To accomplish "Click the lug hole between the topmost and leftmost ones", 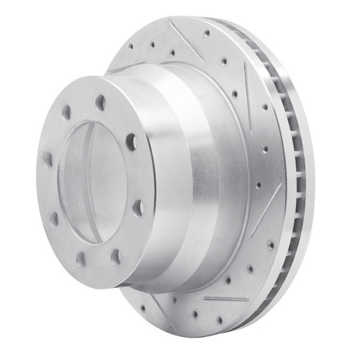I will click(x=66, y=113).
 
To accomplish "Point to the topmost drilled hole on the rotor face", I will click(x=207, y=32).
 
